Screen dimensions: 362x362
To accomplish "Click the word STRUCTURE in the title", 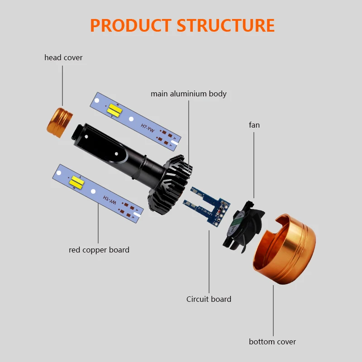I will coord(225,25).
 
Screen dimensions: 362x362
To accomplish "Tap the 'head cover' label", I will coord(63,57).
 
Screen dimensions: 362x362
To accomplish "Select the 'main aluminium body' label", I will coord(189,94).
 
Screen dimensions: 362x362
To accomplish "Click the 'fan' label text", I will coord(254,124).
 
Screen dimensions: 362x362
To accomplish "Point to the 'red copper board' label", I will coord(99,250).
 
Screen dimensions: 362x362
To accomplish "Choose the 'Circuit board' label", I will coord(209,299).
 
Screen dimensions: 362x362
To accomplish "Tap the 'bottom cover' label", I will coord(272,342).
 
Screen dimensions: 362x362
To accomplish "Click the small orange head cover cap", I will coord(59,120).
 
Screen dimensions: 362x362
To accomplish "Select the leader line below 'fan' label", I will coord(254,163).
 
